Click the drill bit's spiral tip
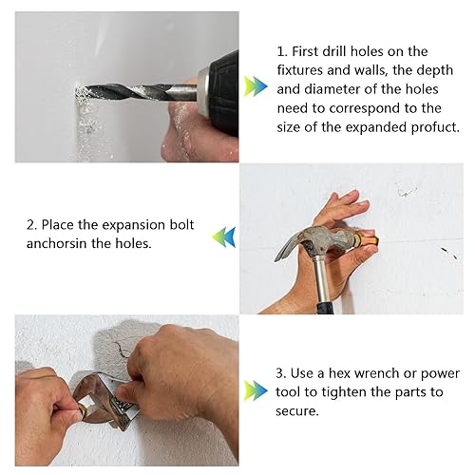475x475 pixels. click(x=80, y=92)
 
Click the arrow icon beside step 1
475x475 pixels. click(x=256, y=86)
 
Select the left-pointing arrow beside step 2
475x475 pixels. click(x=224, y=237)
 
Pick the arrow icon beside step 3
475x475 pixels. click(x=256, y=390)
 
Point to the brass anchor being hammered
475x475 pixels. click(x=368, y=239)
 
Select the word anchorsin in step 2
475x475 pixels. click(x=57, y=243)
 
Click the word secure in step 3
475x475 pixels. click(x=296, y=411)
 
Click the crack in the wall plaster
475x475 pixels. click(x=121, y=349)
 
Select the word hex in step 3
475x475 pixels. click(x=339, y=373)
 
